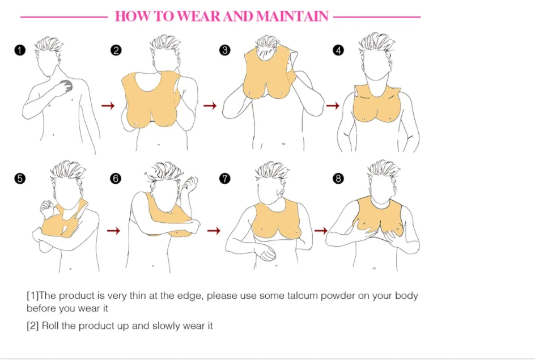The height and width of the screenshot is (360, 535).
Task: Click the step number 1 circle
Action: point(20,50)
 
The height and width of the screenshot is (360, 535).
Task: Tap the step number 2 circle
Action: point(116,50)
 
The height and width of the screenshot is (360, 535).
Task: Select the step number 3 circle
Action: point(225,50)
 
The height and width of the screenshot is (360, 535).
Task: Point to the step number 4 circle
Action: point(338,50)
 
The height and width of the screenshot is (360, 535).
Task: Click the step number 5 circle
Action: point(20,179)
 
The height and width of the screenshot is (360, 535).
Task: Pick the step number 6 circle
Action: point(116,179)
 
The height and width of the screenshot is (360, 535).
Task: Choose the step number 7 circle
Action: point(225,179)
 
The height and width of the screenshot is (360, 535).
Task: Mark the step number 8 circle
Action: point(338,179)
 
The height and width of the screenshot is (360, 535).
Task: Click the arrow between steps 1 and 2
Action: point(108,105)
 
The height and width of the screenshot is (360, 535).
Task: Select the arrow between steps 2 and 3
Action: point(210,105)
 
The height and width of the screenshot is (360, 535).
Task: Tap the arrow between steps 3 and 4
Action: point(333,105)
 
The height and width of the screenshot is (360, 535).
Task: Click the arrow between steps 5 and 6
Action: point(114,231)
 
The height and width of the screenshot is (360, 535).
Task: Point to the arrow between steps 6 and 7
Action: point(214,231)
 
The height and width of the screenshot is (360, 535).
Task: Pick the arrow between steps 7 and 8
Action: point(321,231)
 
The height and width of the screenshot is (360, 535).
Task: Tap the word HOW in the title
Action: point(131,16)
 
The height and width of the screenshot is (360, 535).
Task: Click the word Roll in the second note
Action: point(50,326)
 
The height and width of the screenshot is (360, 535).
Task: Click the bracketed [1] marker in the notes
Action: point(32,296)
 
